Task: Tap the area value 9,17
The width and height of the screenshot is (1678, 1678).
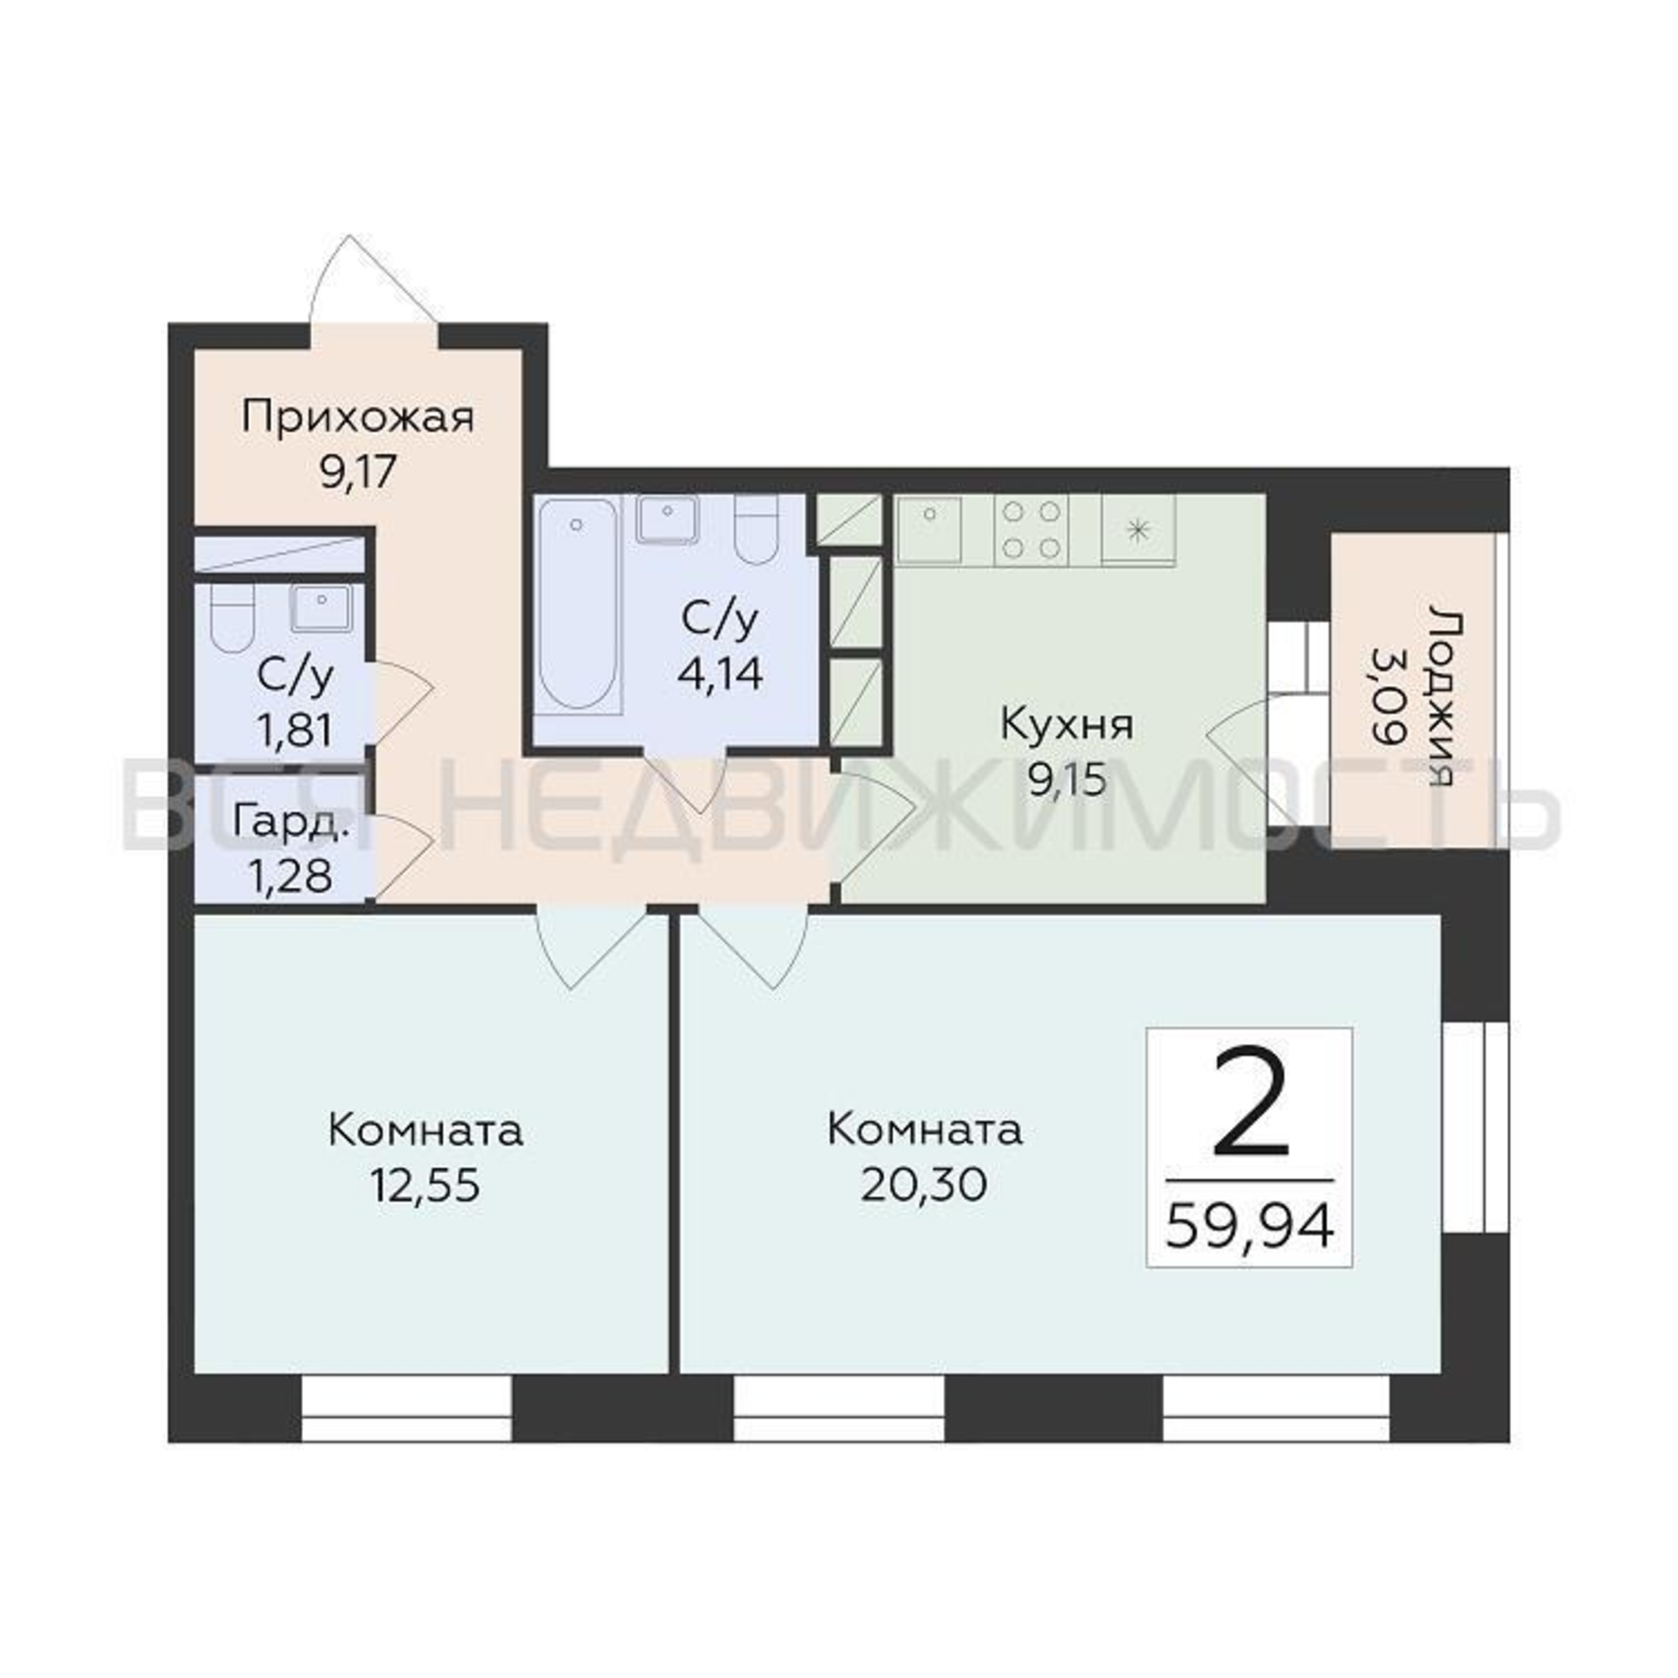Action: click(x=358, y=473)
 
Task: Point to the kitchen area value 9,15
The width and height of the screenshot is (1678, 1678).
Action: click(x=1067, y=780)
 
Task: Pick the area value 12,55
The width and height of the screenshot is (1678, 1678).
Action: click(x=425, y=1184)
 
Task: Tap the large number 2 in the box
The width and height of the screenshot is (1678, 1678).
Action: click(x=1250, y=1102)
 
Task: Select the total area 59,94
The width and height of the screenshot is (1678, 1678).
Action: click(x=1249, y=1228)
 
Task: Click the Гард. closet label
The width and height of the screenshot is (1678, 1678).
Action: click(x=293, y=823)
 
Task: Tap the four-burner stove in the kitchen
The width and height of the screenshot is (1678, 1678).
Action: click(x=1032, y=529)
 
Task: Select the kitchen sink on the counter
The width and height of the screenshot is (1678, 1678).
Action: click(x=930, y=529)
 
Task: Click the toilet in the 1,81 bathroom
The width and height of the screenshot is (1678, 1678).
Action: click(x=232, y=619)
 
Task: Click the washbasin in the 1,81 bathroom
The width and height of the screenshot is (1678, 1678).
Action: click(x=321, y=607)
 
